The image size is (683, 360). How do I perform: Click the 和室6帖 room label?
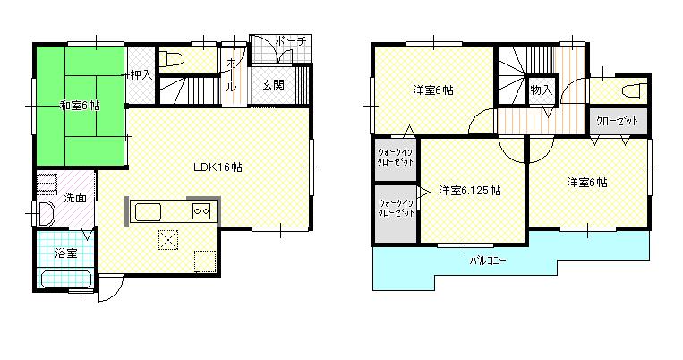click(81, 106)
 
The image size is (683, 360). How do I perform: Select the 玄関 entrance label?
click(273, 85)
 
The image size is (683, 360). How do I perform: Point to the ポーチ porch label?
click(291, 41)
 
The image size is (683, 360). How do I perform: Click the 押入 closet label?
click(141, 75)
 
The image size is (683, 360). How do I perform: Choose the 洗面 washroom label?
click(74, 197)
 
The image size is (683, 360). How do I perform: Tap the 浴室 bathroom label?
click(65, 253)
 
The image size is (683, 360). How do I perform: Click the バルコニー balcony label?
click(488, 261)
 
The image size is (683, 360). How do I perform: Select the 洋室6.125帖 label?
click(469, 190)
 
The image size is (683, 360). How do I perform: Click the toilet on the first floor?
click(175, 60)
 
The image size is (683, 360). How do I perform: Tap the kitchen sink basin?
click(147, 212)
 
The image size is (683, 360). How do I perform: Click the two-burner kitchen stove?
click(201, 212)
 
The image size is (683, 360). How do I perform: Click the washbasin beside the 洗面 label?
click(44, 213)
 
